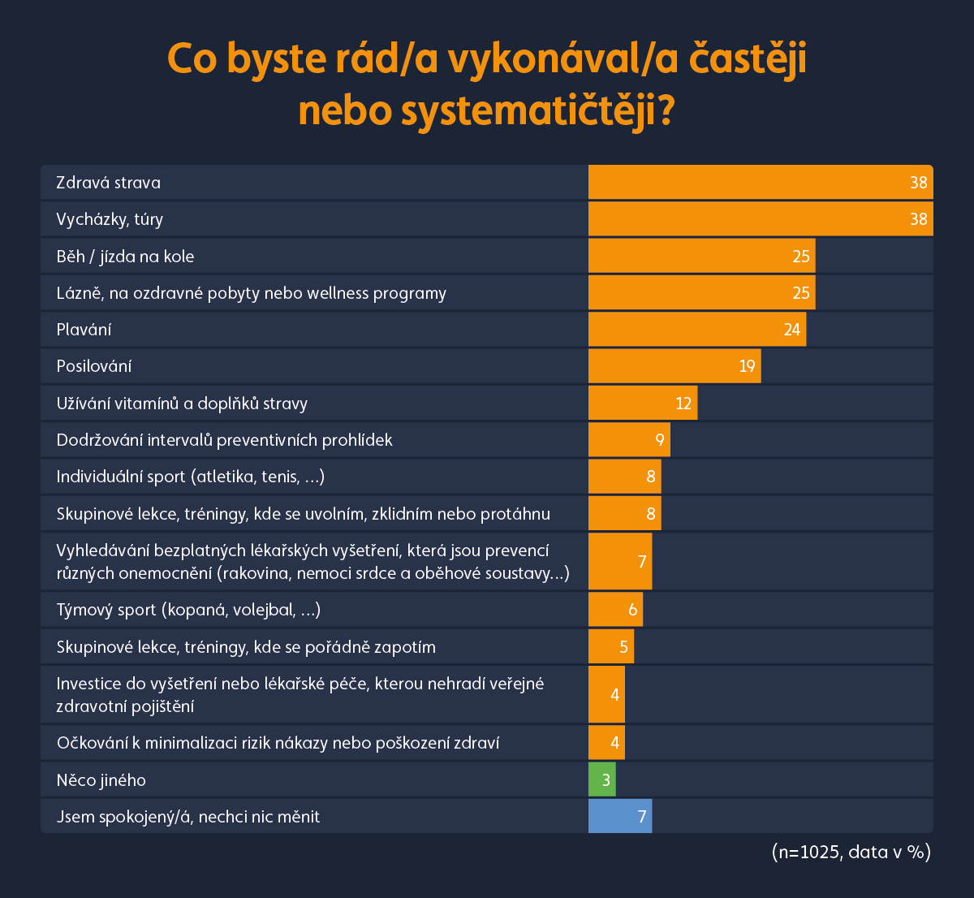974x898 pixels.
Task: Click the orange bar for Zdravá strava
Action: coord(760,182)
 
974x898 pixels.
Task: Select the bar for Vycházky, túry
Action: coord(760,219)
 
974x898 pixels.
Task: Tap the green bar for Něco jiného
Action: coord(601,780)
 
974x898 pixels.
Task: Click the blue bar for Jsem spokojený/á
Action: coord(619,817)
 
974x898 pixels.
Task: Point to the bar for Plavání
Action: coord(696,330)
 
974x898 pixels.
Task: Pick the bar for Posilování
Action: coord(674,366)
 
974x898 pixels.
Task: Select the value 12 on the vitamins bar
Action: coord(683,404)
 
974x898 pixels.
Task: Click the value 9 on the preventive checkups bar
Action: coord(661,440)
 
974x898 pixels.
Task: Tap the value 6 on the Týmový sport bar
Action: coord(633,610)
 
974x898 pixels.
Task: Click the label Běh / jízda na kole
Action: coord(126,257)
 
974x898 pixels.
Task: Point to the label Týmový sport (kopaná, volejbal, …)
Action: coord(188,610)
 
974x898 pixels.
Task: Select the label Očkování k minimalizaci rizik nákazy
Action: coord(278,743)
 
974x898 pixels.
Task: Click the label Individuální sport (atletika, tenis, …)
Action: coord(191,477)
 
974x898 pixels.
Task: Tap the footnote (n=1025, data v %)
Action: coord(851,852)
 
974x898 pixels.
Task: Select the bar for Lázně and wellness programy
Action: coord(701,293)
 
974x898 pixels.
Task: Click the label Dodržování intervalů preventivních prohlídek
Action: coord(224,440)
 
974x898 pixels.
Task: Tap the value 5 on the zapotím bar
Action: coord(624,647)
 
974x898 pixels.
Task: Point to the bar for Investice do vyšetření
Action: coord(606,694)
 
